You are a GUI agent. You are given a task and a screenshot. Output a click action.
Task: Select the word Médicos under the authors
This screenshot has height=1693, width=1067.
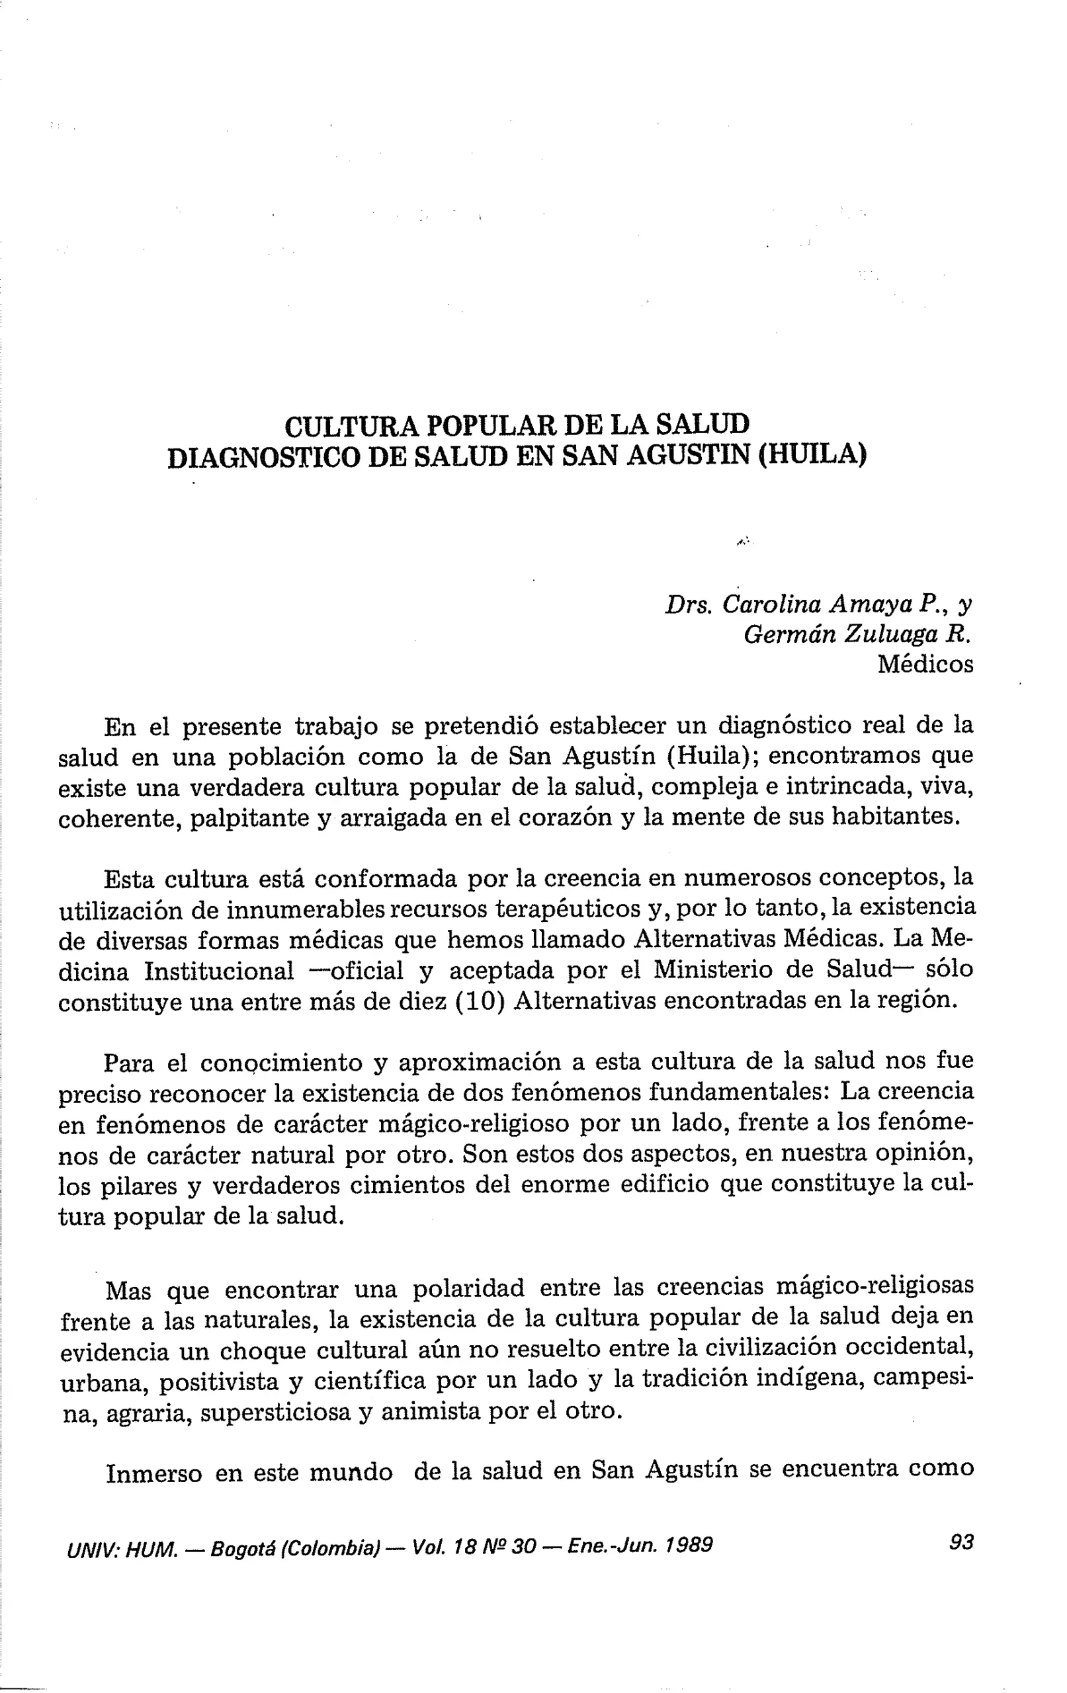coord(925,665)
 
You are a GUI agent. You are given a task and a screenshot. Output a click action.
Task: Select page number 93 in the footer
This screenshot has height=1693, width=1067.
coord(960,1542)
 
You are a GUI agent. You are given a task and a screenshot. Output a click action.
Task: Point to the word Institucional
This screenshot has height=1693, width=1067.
coord(219,970)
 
